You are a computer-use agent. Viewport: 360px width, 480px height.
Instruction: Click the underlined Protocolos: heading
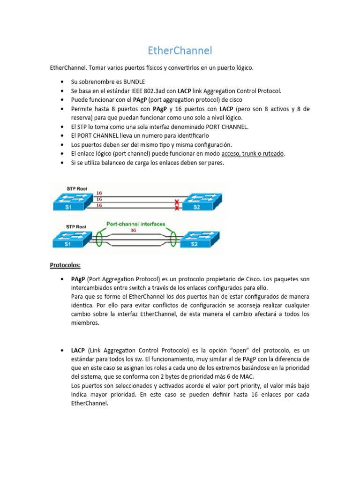coord(65,265)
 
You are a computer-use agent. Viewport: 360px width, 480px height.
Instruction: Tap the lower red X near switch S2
coord(177,208)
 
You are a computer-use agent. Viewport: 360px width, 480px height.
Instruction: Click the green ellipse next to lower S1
coord(99,238)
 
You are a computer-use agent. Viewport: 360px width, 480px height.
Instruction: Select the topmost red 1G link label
coord(99,193)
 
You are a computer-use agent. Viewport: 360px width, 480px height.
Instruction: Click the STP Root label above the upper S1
coord(76,187)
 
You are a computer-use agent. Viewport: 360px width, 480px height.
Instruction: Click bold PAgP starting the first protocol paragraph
coord(78,279)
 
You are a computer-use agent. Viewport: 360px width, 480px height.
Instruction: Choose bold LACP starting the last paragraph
coord(78,350)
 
